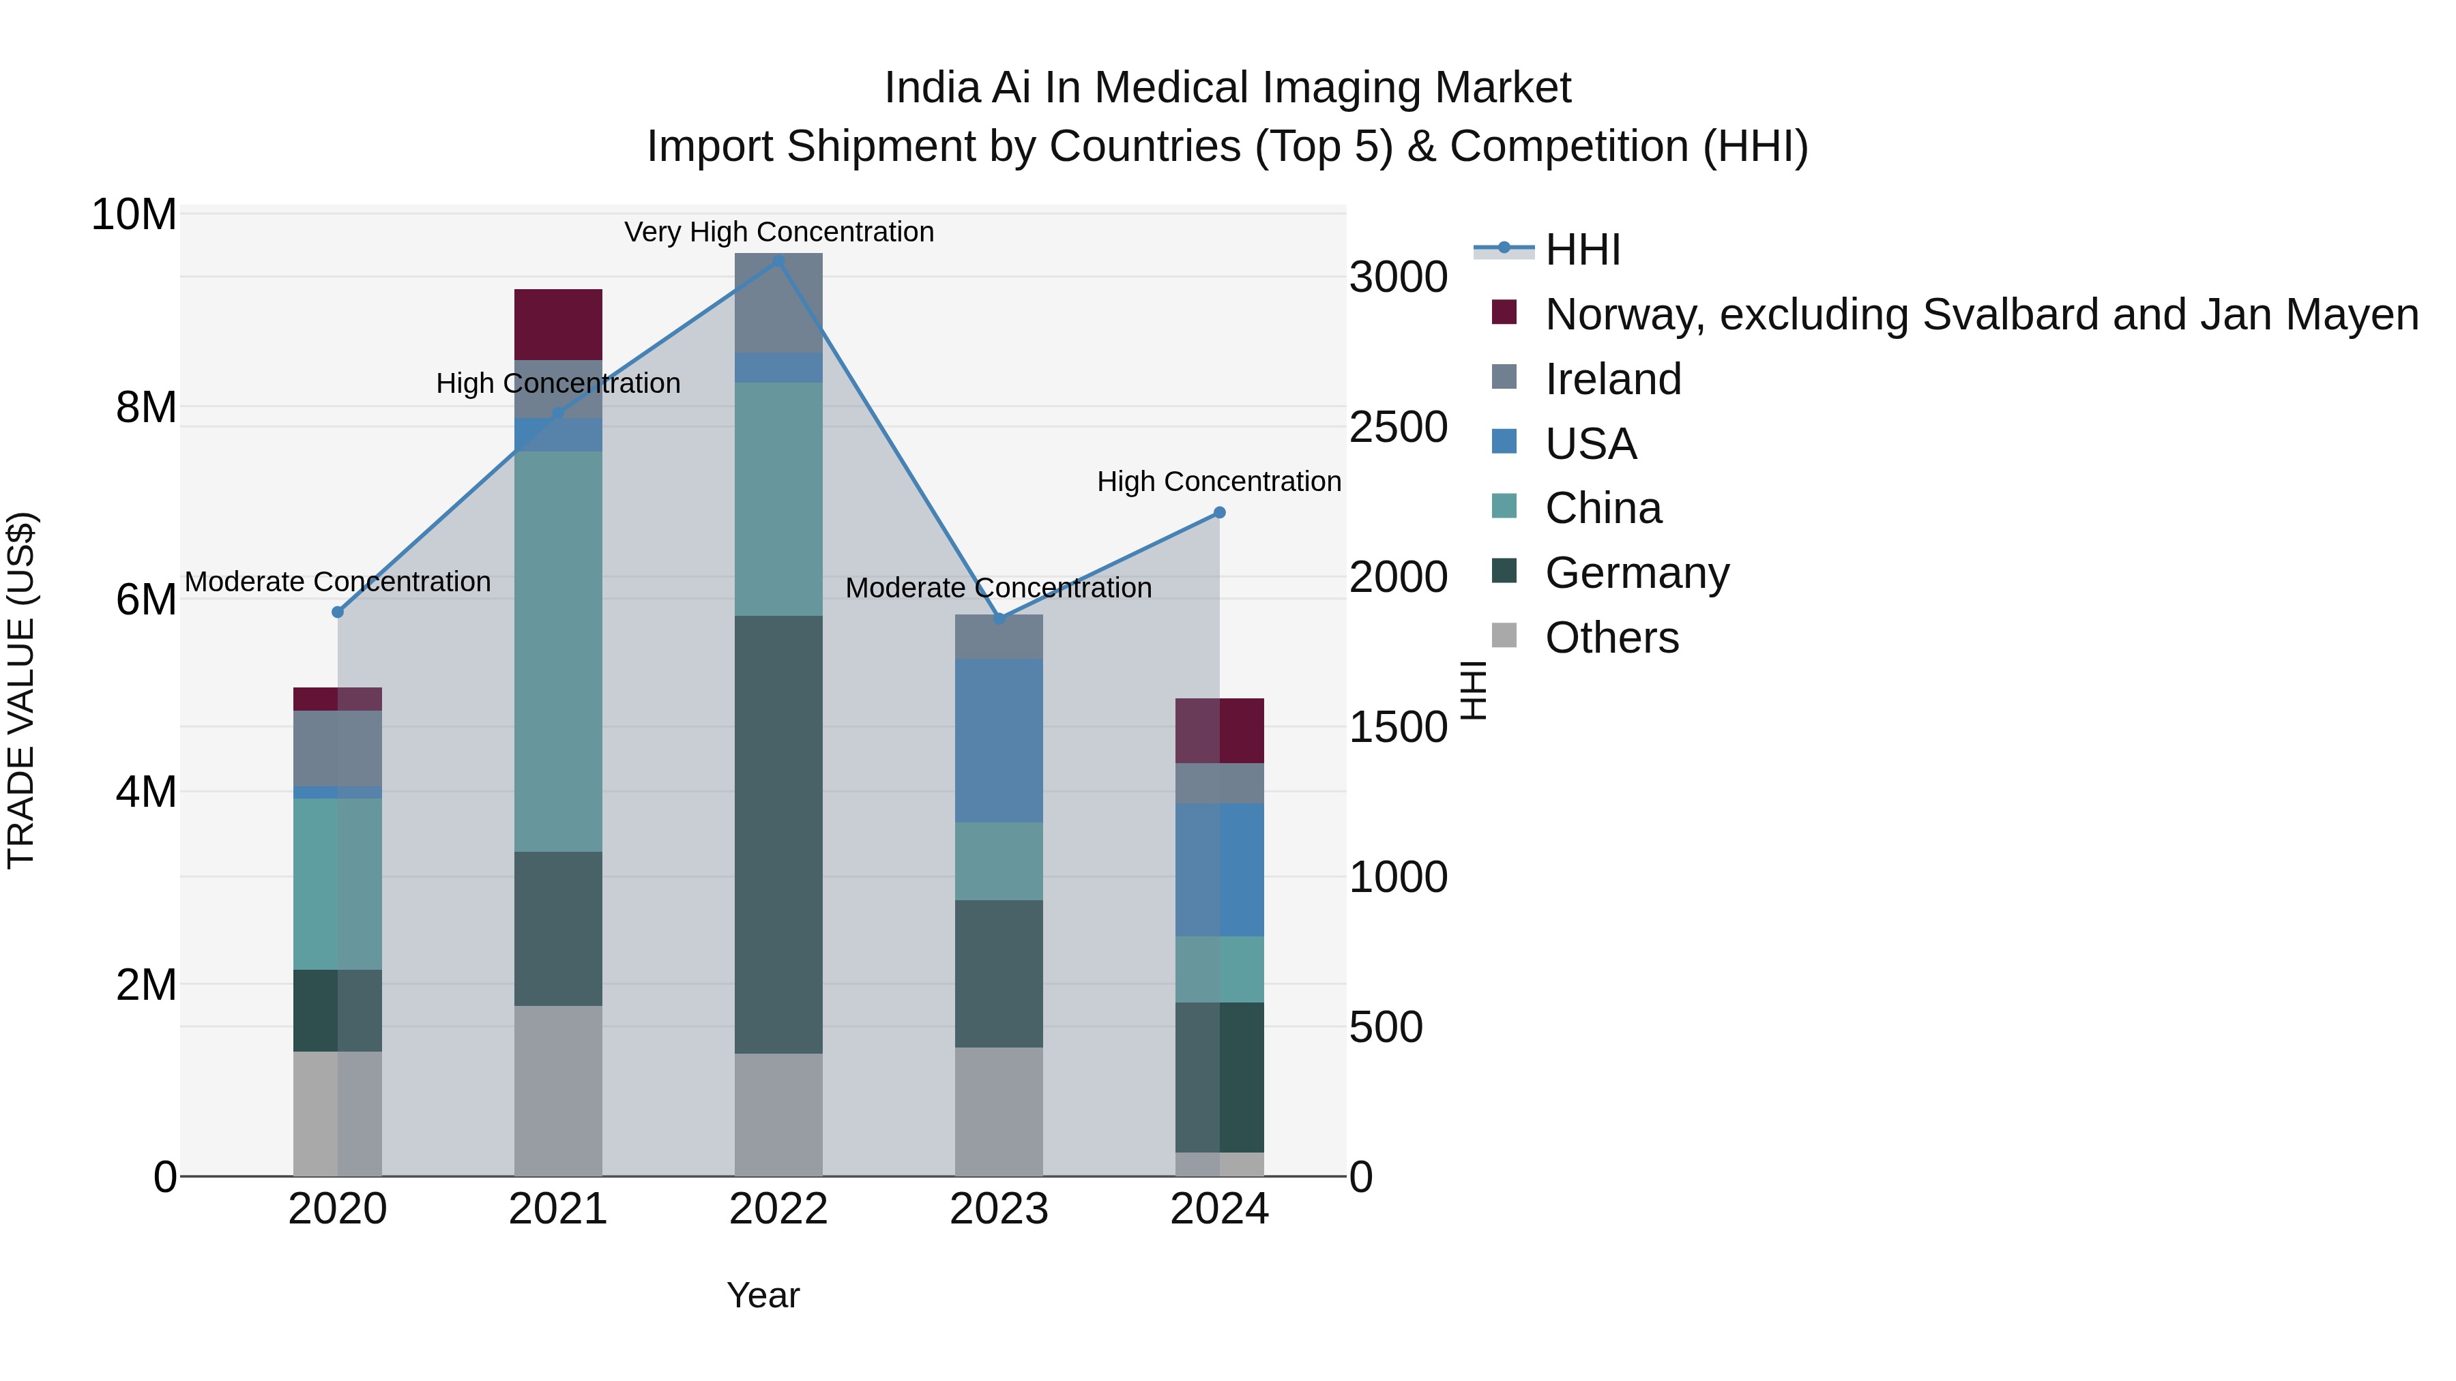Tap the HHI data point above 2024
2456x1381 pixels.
(1218, 513)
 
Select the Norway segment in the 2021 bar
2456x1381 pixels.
(558, 324)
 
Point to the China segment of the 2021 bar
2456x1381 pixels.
(558, 651)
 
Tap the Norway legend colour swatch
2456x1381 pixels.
(1504, 312)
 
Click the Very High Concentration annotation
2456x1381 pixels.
(779, 232)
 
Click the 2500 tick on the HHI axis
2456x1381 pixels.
(1398, 427)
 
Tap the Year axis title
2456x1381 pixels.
(763, 1295)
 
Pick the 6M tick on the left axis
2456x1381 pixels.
(146, 599)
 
